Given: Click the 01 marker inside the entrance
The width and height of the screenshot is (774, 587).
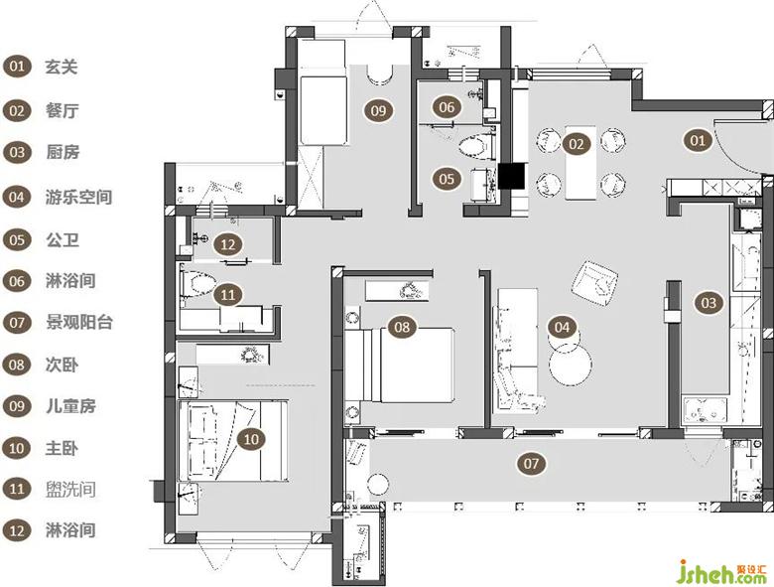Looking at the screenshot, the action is (698, 141).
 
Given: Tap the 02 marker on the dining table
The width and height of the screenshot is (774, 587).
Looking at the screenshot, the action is (577, 144).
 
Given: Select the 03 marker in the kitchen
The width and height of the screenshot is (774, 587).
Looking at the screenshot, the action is (709, 302).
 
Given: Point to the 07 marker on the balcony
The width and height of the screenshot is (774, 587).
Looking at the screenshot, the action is (531, 464).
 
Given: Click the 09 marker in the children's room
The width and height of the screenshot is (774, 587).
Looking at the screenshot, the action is (379, 110).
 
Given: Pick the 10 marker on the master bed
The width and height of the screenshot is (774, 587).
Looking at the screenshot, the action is (251, 439).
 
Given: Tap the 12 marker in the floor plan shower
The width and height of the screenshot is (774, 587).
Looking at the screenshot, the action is (228, 244).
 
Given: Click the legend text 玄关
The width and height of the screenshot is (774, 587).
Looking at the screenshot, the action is (62, 67).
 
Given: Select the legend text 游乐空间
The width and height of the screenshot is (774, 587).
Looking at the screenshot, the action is (78, 197).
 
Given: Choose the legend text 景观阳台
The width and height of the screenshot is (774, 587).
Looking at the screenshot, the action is (79, 322).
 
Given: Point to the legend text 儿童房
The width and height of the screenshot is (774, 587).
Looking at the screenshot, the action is (70, 406).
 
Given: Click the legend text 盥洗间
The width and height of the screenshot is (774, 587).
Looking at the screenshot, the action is (70, 490).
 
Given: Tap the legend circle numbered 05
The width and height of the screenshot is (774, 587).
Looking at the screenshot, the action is (17, 240).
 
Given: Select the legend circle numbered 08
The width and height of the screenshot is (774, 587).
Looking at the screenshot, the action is (17, 366).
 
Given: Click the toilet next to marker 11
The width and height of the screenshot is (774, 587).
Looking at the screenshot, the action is (199, 284).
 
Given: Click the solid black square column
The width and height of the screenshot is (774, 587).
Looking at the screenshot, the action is (511, 177).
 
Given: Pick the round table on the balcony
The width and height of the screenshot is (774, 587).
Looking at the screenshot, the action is (379, 484).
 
